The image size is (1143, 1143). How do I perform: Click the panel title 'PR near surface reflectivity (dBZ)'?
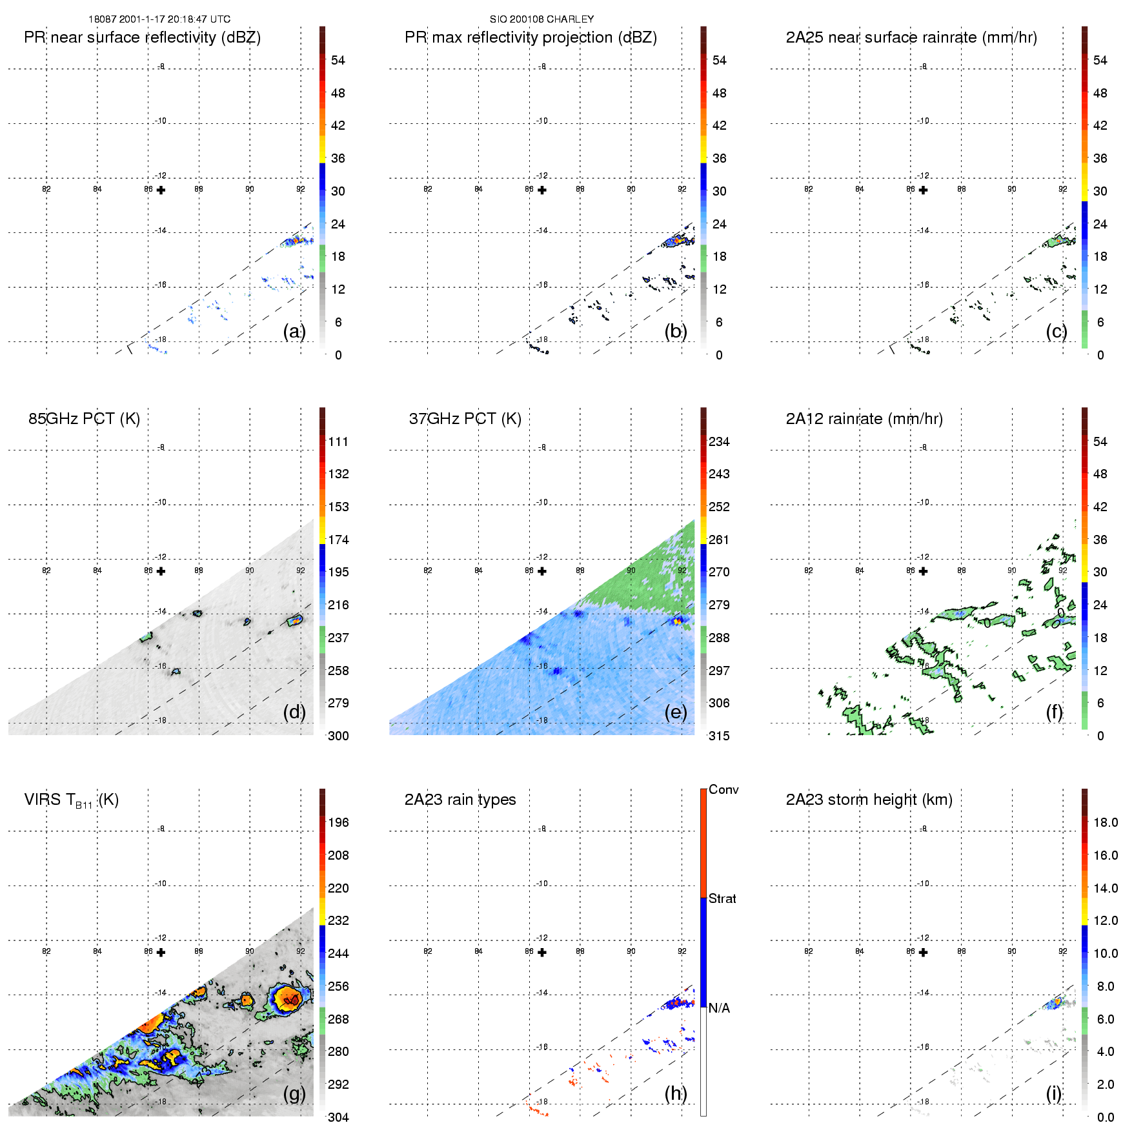(x=142, y=37)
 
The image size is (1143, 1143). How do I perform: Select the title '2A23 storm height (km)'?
(x=869, y=800)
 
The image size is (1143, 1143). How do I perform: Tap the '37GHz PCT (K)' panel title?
(x=465, y=419)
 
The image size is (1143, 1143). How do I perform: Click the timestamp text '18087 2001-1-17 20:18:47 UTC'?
(x=159, y=19)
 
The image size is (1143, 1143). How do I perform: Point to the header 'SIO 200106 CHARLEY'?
(x=541, y=19)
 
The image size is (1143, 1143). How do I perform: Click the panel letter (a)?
(x=294, y=331)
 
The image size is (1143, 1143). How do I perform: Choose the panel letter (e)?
(x=675, y=712)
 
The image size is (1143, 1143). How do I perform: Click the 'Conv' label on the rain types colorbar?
(x=723, y=789)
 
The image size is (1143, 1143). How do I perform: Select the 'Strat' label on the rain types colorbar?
(x=722, y=898)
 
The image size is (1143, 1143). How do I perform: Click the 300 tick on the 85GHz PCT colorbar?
(x=338, y=736)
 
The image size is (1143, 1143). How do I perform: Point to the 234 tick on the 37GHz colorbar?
(x=719, y=441)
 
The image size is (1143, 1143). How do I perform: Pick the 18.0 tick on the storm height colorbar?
(x=1106, y=822)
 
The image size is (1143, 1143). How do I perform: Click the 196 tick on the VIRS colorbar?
(x=338, y=822)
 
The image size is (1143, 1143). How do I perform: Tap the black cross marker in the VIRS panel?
(x=161, y=952)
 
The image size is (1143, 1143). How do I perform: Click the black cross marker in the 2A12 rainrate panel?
(x=923, y=571)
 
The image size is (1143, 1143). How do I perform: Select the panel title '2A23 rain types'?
(x=460, y=800)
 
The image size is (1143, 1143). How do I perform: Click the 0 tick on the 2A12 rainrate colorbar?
(x=1100, y=736)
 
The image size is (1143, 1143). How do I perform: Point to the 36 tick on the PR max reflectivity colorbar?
(x=719, y=158)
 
